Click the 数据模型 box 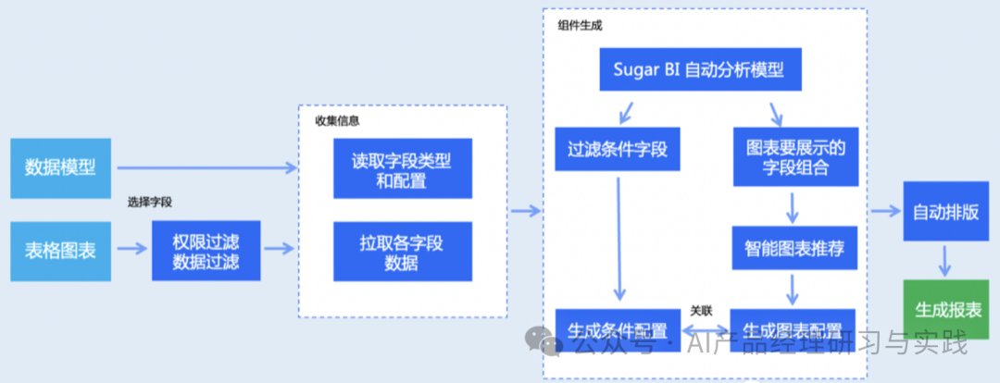60,168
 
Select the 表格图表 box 60,250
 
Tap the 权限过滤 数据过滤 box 206,251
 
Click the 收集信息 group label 337,120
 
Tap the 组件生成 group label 580,25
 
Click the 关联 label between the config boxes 701,311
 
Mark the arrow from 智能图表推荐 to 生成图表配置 793,289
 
